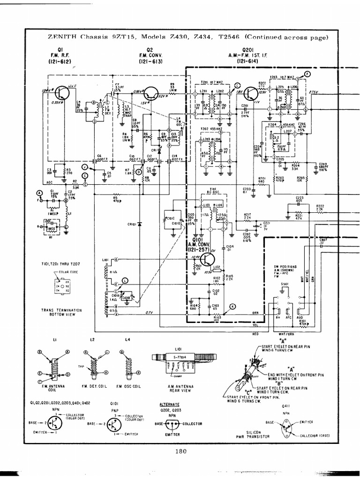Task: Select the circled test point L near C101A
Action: coord(124,280)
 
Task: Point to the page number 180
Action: coord(180,452)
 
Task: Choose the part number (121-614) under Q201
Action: coord(249,61)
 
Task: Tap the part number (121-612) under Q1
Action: coord(62,61)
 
